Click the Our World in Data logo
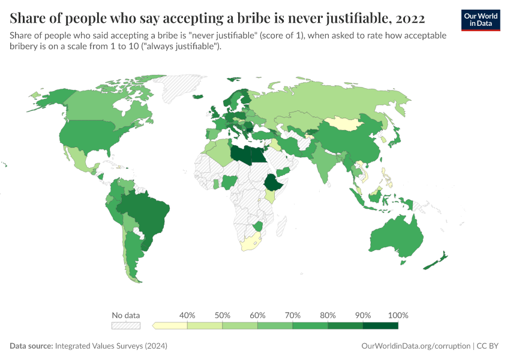coord(481,20)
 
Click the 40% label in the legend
coord(188,315)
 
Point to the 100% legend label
coord(398,315)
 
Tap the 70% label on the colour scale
coord(293,315)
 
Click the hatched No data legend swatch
coord(126,325)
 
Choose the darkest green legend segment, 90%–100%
coord(380,325)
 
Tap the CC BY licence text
coord(490,346)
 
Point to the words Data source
coord(31,346)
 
